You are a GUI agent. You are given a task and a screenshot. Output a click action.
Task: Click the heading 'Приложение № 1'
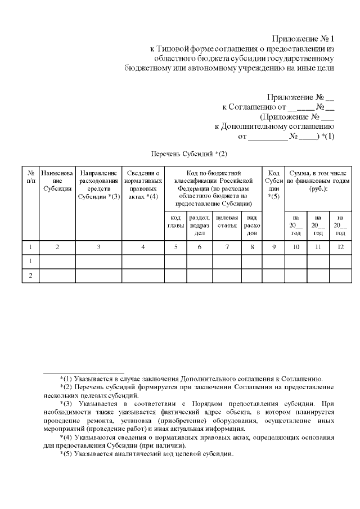[x=303, y=39]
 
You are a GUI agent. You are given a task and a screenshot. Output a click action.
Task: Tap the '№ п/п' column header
[x=30, y=177]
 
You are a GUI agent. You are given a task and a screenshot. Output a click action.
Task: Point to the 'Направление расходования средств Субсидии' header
[x=98, y=185]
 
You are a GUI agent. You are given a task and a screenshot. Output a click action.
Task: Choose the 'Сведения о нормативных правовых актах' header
[x=143, y=185]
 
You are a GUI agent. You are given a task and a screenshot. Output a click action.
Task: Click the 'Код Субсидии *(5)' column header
[x=273, y=185]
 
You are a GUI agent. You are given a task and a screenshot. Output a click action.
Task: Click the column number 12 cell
[x=340, y=246]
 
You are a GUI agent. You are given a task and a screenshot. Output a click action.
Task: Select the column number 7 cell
[x=227, y=246]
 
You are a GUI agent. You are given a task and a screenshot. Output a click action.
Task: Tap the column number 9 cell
[x=273, y=246]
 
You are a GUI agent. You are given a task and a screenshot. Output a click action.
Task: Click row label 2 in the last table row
[x=30, y=276]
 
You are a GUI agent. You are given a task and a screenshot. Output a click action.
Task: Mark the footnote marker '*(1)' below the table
[x=66, y=379]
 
